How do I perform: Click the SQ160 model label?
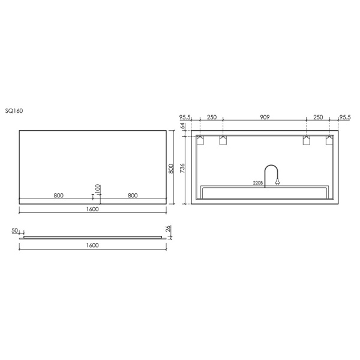coord(14,111)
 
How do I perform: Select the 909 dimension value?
coord(265,117)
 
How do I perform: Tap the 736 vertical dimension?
coord(182,168)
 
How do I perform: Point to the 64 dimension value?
coord(182,126)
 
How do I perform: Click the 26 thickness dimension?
coord(168,229)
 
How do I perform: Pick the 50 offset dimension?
coord(14,230)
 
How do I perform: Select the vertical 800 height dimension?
coord(171,169)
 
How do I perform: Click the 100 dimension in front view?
coord(98,189)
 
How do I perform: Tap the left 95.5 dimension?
coord(185,118)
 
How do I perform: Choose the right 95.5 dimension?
coord(345,118)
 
